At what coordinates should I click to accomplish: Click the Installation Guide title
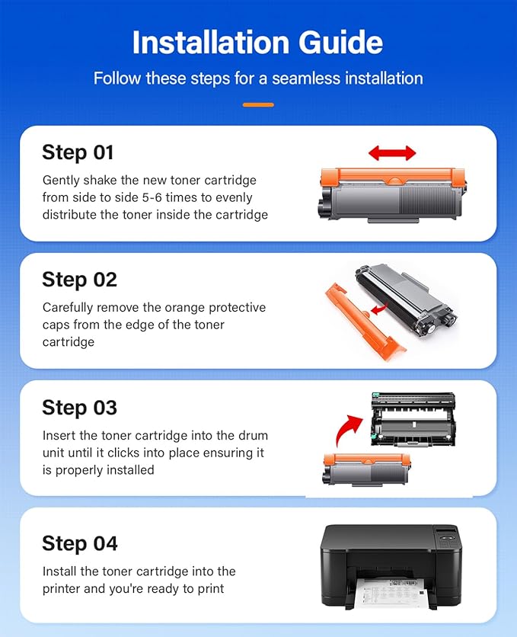[258, 43]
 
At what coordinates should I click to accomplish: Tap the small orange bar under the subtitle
[258, 104]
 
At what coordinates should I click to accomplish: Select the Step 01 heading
[78, 152]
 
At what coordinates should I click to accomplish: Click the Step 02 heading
[79, 280]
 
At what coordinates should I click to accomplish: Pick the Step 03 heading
[79, 408]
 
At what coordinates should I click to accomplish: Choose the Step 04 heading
[80, 543]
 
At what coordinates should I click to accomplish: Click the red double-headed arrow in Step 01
[392, 153]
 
